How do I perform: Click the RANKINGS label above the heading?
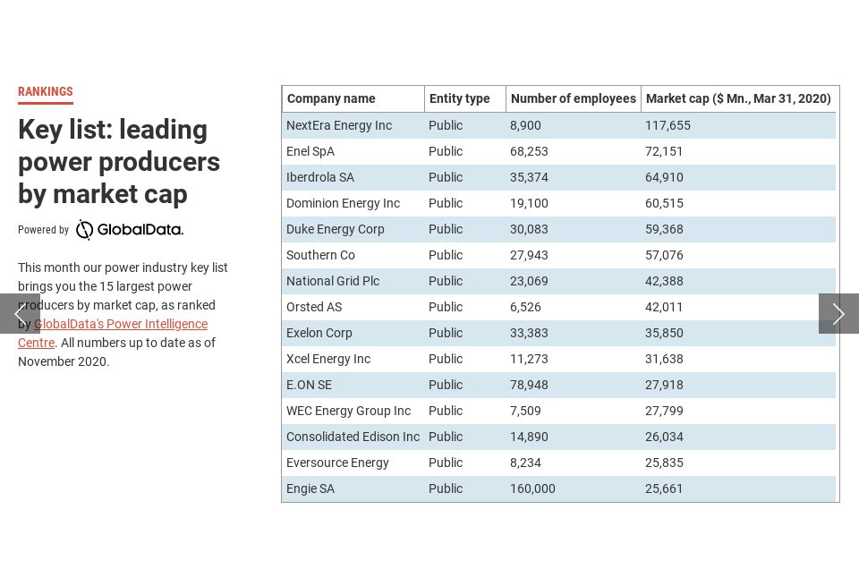46,92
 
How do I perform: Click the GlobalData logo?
129,230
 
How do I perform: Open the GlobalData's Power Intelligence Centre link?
120,324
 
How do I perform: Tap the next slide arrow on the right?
838,314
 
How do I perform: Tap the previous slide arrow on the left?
20,314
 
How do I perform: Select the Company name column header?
331,98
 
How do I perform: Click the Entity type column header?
460,98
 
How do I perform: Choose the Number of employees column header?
573,98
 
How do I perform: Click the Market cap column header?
738,98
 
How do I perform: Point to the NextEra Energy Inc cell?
339,125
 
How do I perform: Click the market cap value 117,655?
668,125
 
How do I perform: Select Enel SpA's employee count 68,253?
529,151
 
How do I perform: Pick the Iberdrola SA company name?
320,177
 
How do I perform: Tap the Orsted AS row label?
314,307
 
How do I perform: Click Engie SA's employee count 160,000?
532,488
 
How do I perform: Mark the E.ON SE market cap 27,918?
664,385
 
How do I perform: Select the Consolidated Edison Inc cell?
353,437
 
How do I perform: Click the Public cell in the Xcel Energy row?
446,359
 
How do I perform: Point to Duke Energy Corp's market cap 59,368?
664,229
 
